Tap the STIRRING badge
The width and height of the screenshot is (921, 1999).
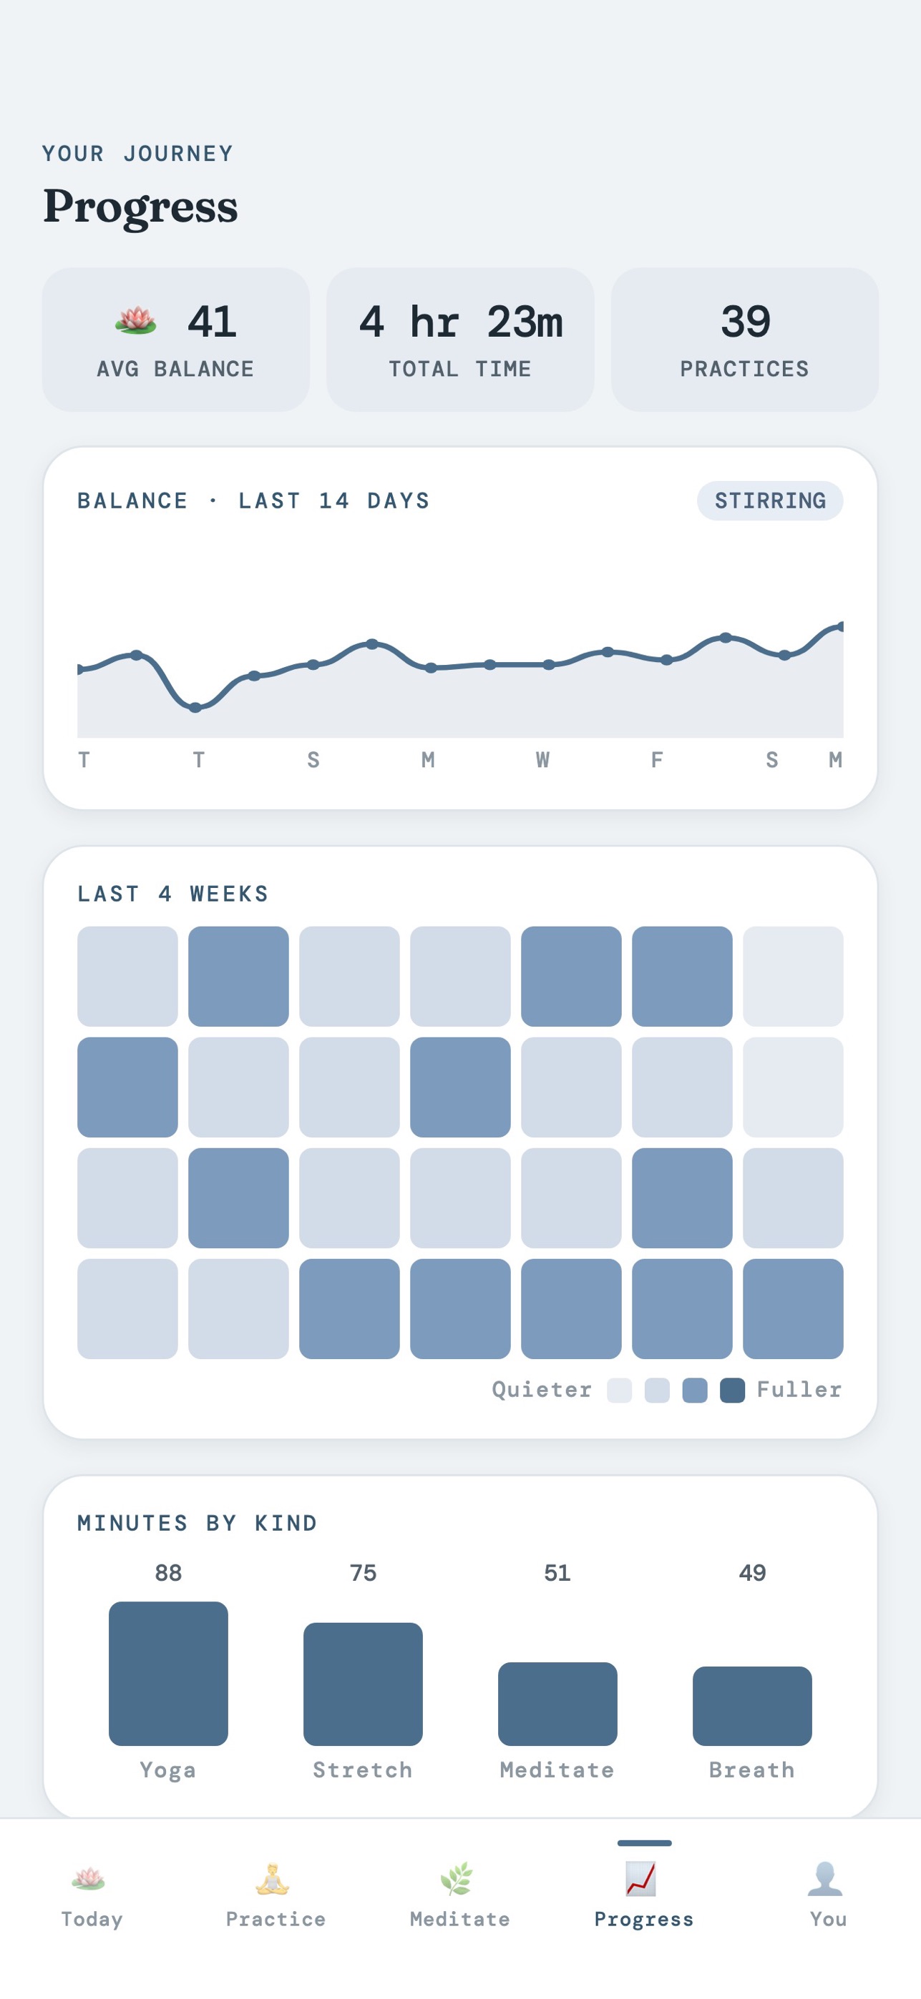click(769, 500)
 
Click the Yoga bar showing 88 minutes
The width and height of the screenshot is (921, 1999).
click(168, 1673)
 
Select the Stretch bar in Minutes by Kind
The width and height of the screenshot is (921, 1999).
click(363, 1684)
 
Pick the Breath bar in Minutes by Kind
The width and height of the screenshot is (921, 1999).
click(751, 1706)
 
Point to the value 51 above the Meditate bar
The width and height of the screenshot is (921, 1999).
click(557, 1573)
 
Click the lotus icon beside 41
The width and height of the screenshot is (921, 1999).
click(136, 320)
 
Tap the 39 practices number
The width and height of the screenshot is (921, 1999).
click(746, 321)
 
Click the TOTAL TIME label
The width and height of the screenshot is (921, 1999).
click(459, 369)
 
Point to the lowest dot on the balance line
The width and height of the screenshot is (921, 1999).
click(195, 707)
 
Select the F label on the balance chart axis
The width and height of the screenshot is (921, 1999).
click(657, 760)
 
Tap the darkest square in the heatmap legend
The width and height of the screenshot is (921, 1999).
click(732, 1390)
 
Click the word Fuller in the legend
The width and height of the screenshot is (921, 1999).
click(799, 1389)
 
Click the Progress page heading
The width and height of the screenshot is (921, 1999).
click(140, 207)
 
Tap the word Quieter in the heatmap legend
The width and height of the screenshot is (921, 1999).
click(541, 1389)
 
